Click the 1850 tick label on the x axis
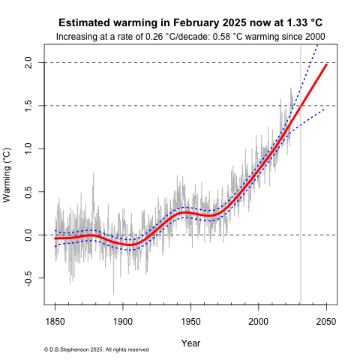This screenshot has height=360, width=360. pos(55,320)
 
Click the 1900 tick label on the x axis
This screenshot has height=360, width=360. pos(123,320)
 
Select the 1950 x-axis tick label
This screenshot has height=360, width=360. pos(190,320)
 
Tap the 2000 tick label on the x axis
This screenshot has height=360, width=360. pos(259,320)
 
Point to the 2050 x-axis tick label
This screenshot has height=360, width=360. pos(326,320)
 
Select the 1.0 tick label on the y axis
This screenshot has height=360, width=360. pos(28,149)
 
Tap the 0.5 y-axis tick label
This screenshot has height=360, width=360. pos(28,192)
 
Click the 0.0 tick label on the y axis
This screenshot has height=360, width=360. pos(28,235)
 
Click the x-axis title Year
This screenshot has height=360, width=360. pos(190,342)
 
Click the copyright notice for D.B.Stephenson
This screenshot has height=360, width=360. pos(96,350)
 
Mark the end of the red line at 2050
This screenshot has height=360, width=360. pos(326,65)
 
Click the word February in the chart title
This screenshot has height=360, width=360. pos(181,23)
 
